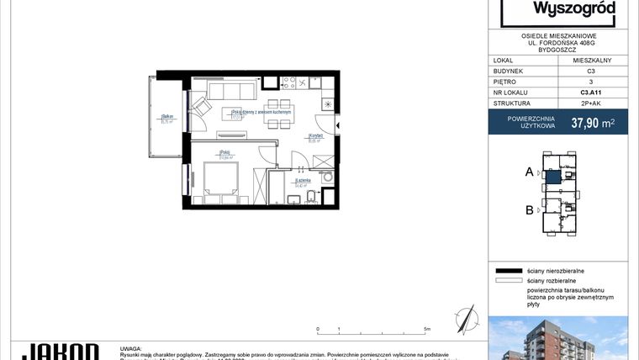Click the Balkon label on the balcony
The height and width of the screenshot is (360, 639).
tap(166, 117)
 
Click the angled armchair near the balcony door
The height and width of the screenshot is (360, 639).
tap(202, 108)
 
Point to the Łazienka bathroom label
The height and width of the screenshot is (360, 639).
tap(304, 180)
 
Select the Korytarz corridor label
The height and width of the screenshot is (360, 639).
tap(316, 136)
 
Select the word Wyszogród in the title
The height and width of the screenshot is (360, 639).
tap(575, 10)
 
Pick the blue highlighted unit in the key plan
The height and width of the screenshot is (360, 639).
tap(552, 177)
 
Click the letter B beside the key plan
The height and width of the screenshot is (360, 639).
tap(530, 210)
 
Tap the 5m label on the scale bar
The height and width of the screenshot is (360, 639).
tap(428, 330)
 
